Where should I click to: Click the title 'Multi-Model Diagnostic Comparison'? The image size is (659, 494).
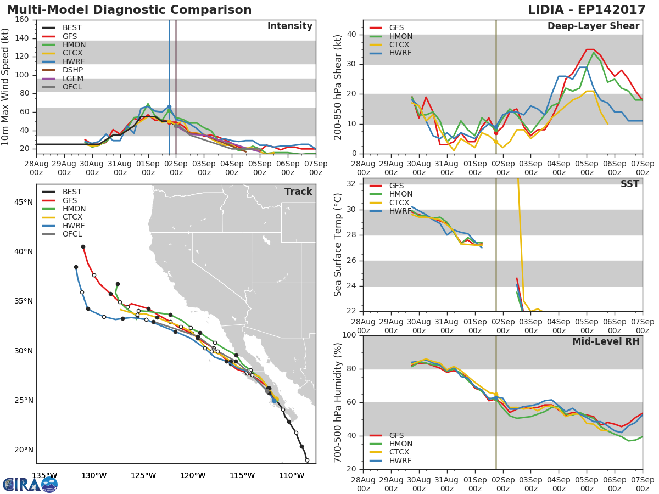click(x=129, y=10)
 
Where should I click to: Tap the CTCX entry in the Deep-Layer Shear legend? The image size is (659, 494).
click(x=400, y=45)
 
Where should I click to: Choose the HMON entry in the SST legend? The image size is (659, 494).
click(x=400, y=194)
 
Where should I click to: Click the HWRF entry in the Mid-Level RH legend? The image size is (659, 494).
click(x=400, y=461)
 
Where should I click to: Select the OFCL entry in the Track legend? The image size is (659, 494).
click(x=72, y=234)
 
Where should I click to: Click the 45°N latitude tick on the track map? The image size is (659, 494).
click(x=23, y=203)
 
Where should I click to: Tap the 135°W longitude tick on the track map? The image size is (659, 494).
click(x=44, y=475)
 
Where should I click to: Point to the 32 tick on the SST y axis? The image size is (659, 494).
click(x=350, y=184)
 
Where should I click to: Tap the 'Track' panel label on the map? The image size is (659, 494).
click(x=298, y=192)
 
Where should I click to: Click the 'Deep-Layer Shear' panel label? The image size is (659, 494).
click(x=593, y=26)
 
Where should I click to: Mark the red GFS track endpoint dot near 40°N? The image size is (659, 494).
click(x=83, y=247)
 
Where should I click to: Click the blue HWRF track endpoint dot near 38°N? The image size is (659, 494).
click(x=76, y=267)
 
